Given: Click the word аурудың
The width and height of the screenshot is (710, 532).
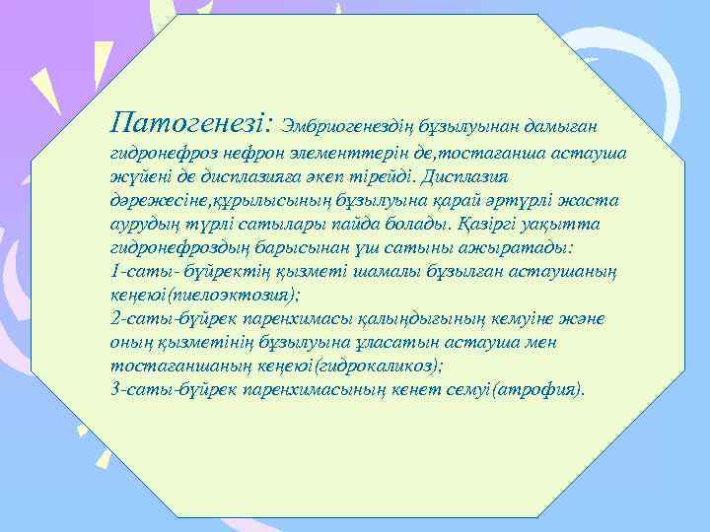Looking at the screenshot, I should pos(140,224).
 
